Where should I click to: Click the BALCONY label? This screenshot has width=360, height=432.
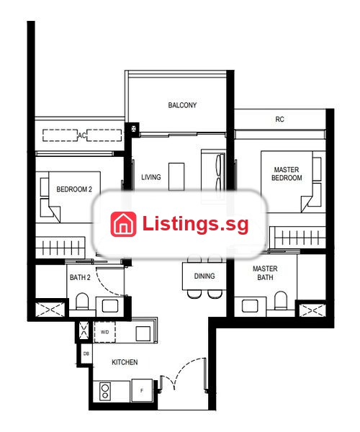click(x=182, y=105)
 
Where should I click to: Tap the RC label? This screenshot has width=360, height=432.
click(x=279, y=120)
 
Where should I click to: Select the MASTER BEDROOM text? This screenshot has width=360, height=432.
click(x=287, y=174)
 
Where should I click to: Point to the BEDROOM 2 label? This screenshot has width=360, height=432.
click(x=74, y=189)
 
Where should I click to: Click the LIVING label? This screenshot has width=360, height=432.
click(x=151, y=177)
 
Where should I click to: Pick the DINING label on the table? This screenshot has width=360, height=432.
click(x=204, y=276)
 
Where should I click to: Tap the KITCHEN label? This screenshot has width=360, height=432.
click(x=125, y=362)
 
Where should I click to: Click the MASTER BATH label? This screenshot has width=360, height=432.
click(x=265, y=273)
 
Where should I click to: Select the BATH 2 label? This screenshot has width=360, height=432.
click(x=80, y=277)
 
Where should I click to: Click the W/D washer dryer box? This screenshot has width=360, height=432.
click(x=104, y=332)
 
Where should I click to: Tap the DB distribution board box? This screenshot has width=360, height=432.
click(x=86, y=354)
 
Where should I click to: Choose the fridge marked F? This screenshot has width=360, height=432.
click(x=142, y=390)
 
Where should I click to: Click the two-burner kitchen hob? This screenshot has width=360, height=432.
click(x=105, y=392)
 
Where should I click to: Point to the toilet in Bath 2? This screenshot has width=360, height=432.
click(x=82, y=302)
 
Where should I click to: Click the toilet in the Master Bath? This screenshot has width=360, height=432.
click(x=281, y=301)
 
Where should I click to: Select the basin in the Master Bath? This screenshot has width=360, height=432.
click(x=250, y=306)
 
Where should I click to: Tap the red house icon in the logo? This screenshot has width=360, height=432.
click(x=123, y=224)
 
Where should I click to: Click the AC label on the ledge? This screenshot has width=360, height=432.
click(x=82, y=135)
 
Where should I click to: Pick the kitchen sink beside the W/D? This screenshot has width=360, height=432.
click(x=143, y=333)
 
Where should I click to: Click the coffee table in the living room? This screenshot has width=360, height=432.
click(x=176, y=176)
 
